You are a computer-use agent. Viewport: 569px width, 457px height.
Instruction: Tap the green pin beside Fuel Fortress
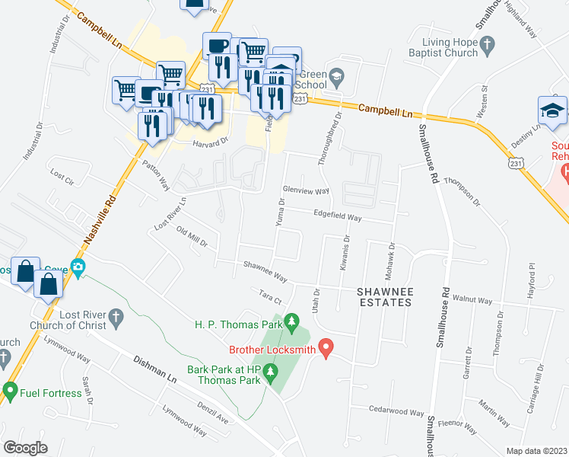(x=10, y=391)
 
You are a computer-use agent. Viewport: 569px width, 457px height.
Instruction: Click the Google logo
(x=25, y=447)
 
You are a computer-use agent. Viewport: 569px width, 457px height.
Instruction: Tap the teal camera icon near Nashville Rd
(x=78, y=267)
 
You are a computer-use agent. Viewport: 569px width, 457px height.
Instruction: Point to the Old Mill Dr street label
(x=192, y=237)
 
